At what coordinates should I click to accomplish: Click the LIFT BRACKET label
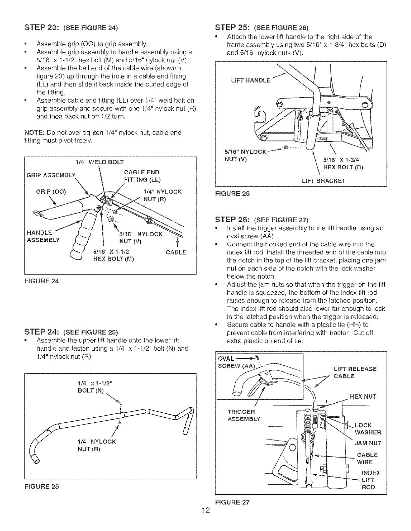(x=323, y=181)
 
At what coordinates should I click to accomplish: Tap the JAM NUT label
(x=368, y=443)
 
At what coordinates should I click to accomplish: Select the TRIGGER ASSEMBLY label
(x=244, y=415)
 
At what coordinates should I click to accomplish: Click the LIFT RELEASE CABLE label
(x=355, y=372)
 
